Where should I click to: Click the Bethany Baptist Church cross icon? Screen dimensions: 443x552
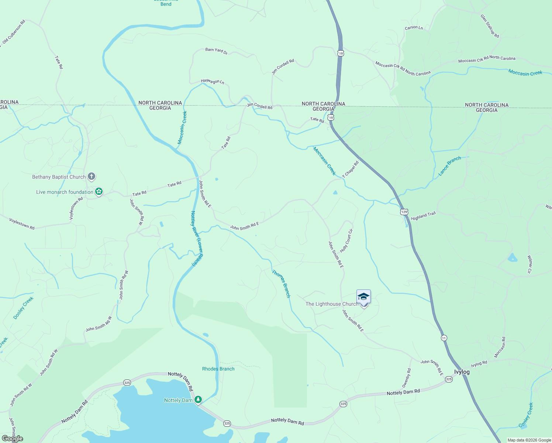(x=92, y=177)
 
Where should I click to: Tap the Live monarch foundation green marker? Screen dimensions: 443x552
(x=99, y=192)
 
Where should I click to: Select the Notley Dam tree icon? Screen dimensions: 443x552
(x=198, y=400)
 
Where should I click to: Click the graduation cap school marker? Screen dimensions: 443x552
(x=363, y=296)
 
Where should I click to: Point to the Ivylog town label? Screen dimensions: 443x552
(x=462, y=372)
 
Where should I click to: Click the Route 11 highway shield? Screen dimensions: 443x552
(x=444, y=338)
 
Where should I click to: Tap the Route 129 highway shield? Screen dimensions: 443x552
(x=404, y=212)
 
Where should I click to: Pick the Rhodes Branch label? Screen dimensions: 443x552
(x=218, y=369)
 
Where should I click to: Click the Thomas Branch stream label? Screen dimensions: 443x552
(x=281, y=284)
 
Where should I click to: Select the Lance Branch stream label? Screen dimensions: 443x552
(x=449, y=166)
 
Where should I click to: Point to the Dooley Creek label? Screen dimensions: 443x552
(x=24, y=308)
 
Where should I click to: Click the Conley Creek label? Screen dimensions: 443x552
(x=526, y=415)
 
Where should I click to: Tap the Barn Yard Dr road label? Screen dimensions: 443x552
(x=216, y=51)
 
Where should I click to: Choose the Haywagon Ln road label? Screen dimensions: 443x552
(x=213, y=81)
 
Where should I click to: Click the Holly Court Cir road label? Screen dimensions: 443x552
(x=346, y=241)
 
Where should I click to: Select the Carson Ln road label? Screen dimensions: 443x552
(x=414, y=28)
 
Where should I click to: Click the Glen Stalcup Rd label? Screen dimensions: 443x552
(x=490, y=26)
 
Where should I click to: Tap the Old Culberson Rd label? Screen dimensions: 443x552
(x=14, y=32)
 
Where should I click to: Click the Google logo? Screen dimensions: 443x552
(x=12, y=439)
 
